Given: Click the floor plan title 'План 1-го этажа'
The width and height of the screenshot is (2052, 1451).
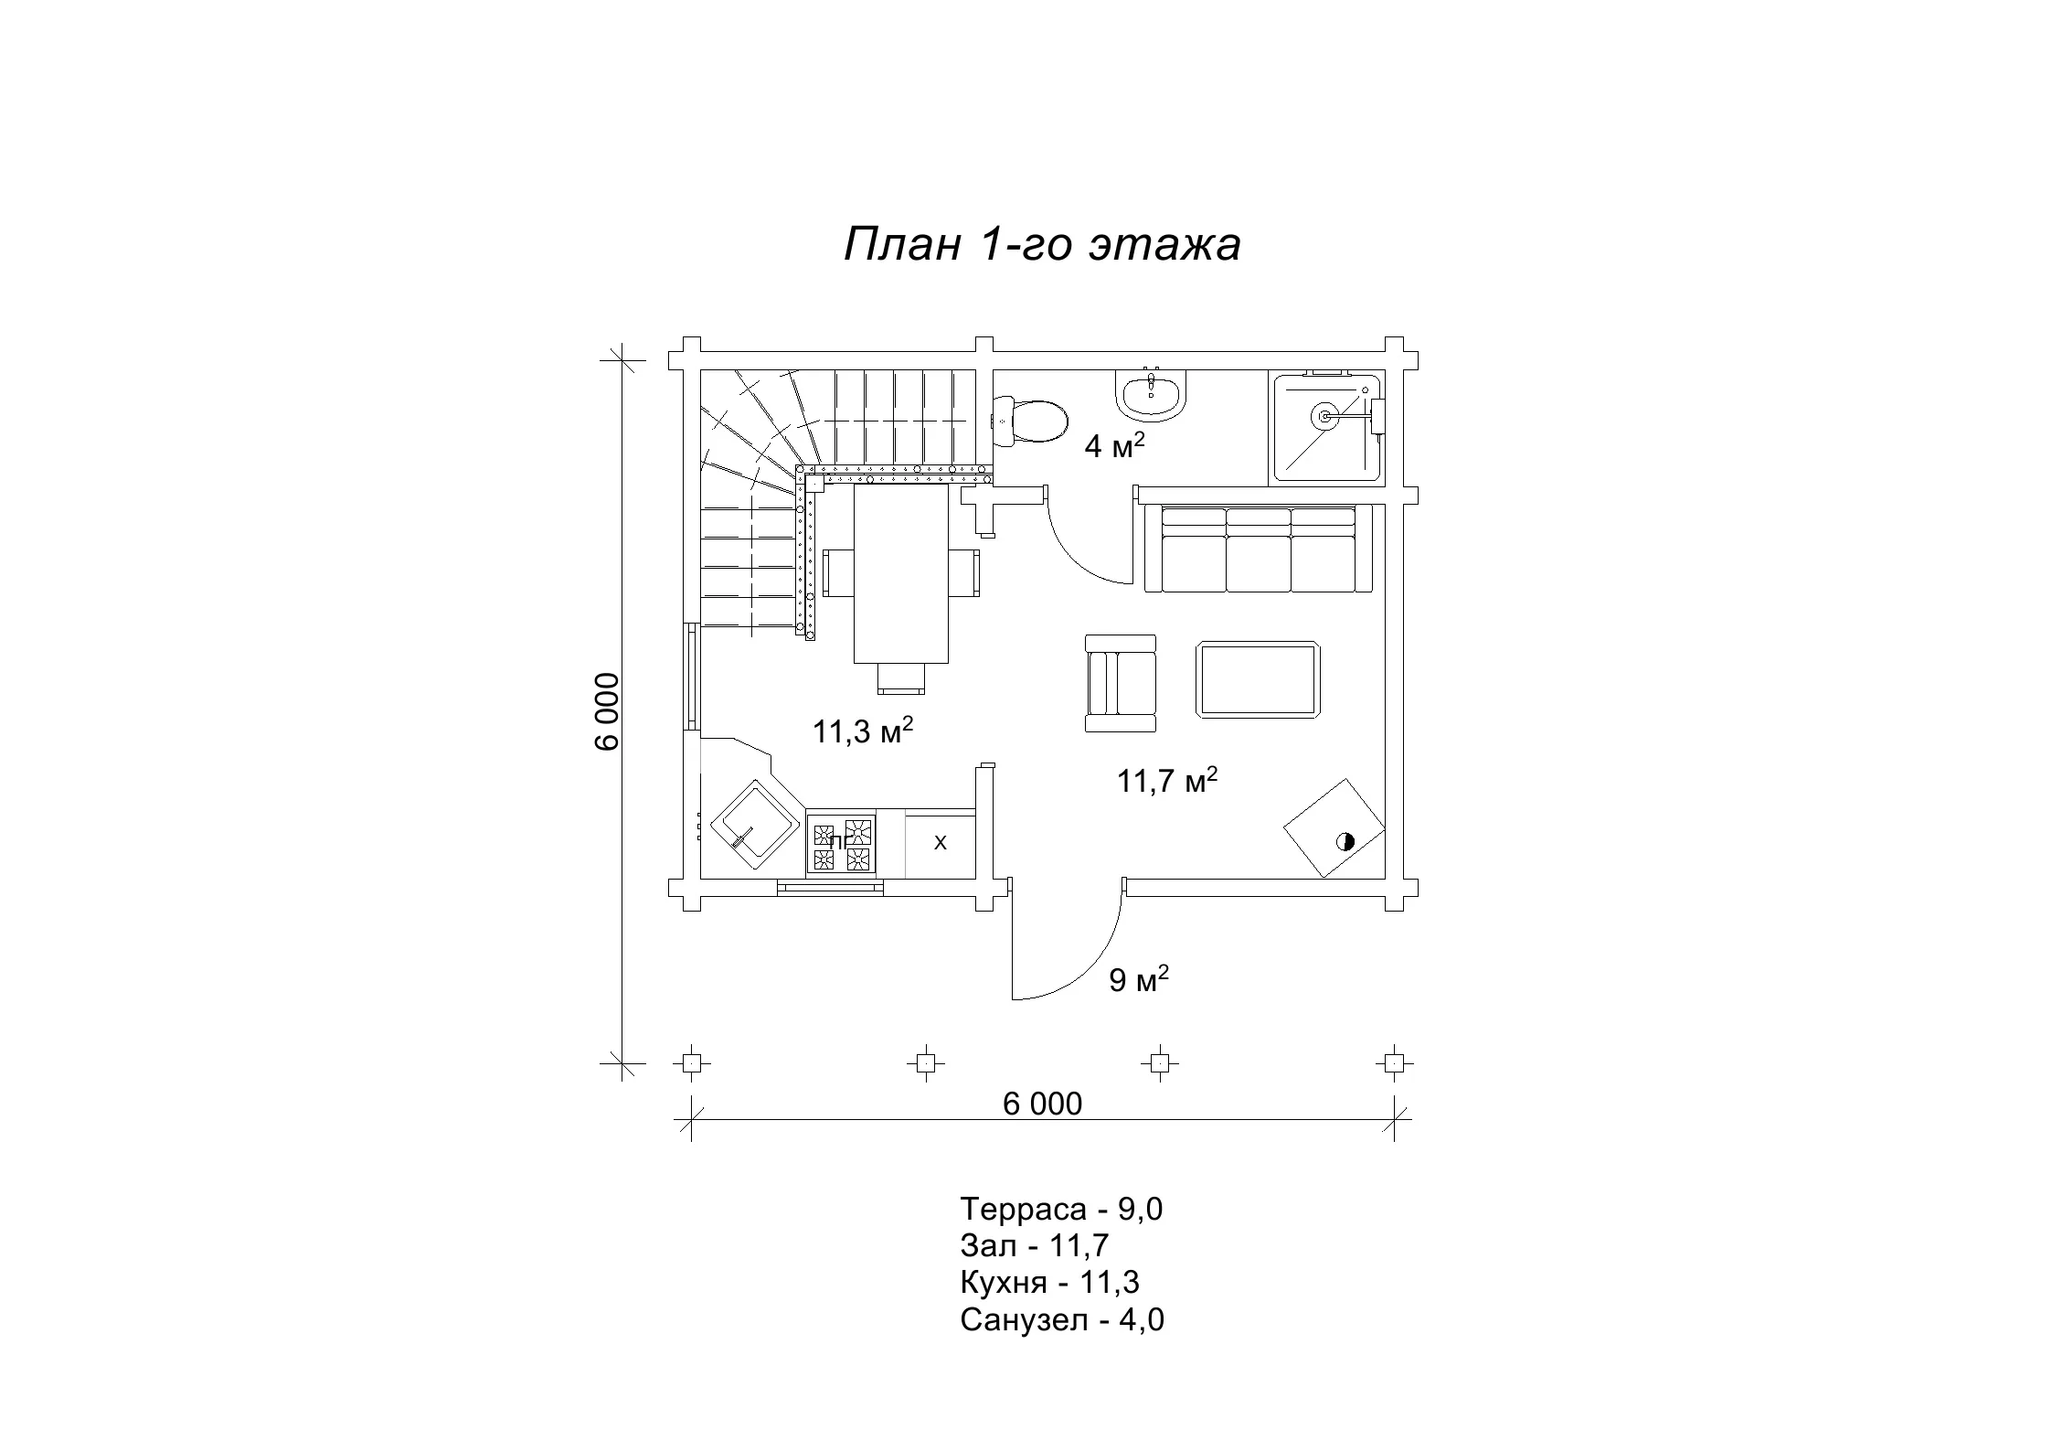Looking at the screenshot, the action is pyautogui.click(x=1042, y=245).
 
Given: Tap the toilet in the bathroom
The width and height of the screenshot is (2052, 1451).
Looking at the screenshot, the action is pyautogui.click(x=1030, y=421).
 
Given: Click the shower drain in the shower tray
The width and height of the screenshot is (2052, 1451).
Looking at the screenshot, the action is pyautogui.click(x=1324, y=416).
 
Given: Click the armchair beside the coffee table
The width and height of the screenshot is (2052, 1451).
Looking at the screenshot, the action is pyautogui.click(x=1121, y=683).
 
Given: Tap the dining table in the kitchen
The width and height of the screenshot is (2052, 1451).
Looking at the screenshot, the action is pyautogui.click(x=901, y=573).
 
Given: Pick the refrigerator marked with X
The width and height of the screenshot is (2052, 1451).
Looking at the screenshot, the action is pyautogui.click(x=940, y=843).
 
